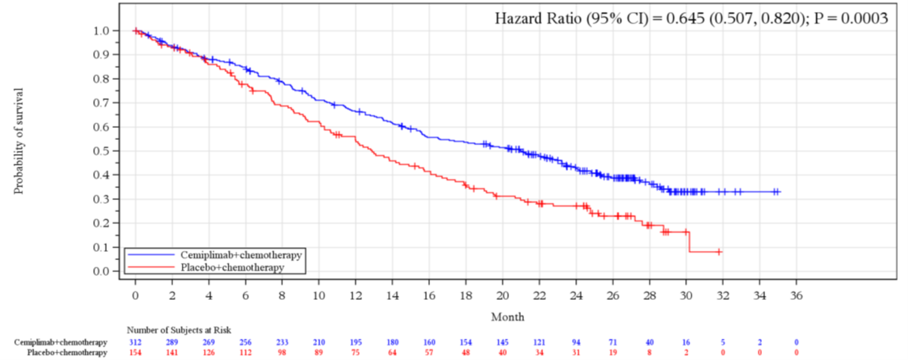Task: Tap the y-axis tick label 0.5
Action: pyautogui.click(x=101, y=151)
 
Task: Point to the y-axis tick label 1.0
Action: pyautogui.click(x=101, y=31)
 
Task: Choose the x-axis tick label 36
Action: pyautogui.click(x=796, y=295)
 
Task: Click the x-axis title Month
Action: pyautogui.click(x=508, y=317)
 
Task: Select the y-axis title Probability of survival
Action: pyautogui.click(x=18, y=141)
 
